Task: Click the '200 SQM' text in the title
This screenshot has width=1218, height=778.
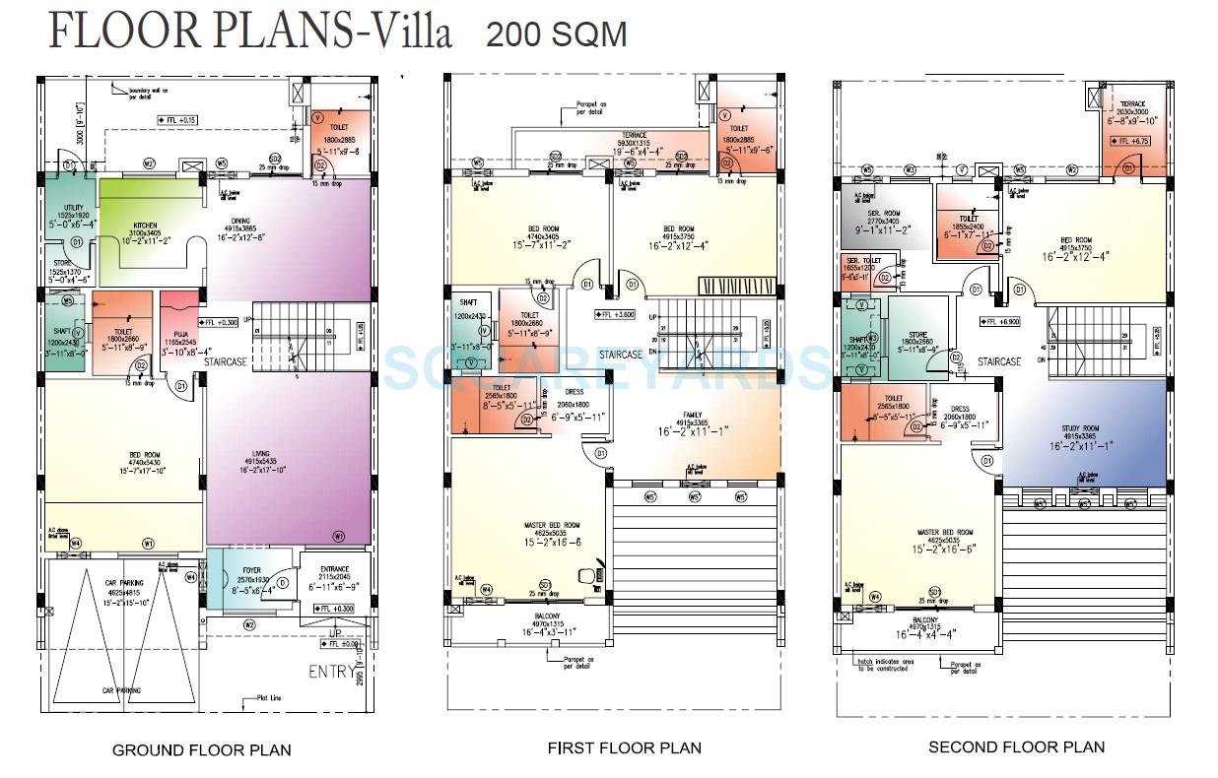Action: click(556, 34)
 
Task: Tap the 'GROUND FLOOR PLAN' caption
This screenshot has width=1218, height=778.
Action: click(201, 749)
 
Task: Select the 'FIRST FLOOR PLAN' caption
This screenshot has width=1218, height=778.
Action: click(625, 747)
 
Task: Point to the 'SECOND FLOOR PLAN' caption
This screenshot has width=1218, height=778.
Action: click(1016, 746)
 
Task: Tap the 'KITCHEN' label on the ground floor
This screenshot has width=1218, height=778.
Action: click(146, 226)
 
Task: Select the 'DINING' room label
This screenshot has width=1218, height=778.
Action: click(241, 221)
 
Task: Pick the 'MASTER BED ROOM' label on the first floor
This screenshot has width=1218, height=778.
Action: click(552, 525)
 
